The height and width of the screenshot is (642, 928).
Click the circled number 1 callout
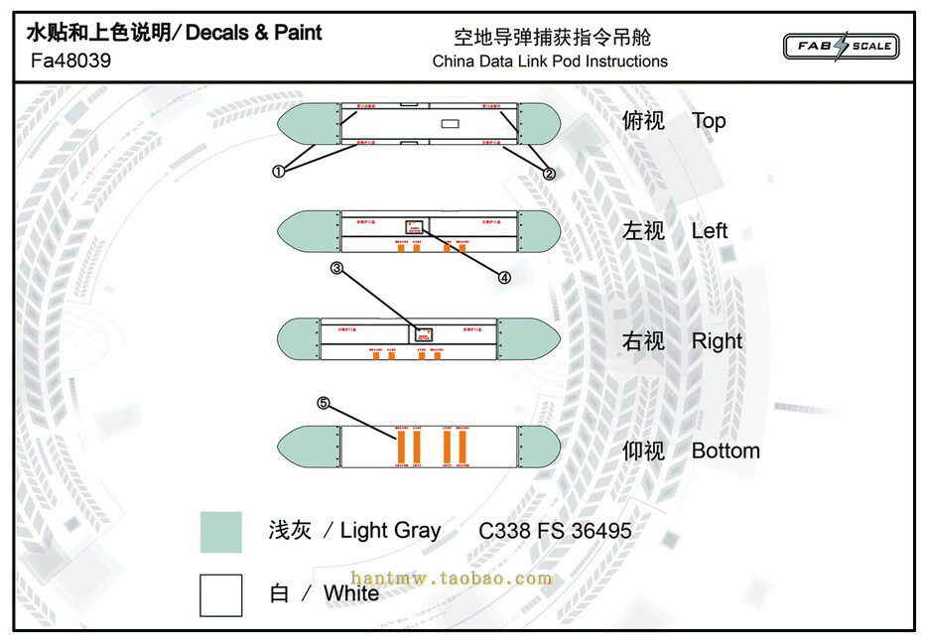pos(278,171)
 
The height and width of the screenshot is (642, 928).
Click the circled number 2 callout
pos(549,173)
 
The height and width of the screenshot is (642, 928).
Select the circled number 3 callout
pos(337,268)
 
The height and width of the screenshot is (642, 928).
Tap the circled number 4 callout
pos(504,278)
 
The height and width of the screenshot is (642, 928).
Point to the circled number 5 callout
pos(324,403)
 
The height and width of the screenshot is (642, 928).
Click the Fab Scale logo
pos(841,46)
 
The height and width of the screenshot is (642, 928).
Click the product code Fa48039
pos(70,61)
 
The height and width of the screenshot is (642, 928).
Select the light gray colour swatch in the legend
pos(220,532)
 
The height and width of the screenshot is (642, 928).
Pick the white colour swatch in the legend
pos(220,595)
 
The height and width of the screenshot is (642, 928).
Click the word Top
pos(709,121)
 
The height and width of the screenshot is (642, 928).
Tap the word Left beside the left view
pos(710,231)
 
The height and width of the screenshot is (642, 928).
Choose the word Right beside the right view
pos(717,341)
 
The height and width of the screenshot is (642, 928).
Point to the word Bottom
pos(726,451)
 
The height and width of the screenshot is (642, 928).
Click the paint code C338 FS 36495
pos(555,531)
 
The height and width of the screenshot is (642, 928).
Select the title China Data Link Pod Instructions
pos(550,62)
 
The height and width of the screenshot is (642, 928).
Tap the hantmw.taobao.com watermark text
pos(451,578)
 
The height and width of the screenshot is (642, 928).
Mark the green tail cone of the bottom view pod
pos(537,446)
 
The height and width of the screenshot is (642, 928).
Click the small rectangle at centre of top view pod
pos(450,124)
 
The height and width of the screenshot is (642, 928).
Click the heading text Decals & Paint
pos(254,33)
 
